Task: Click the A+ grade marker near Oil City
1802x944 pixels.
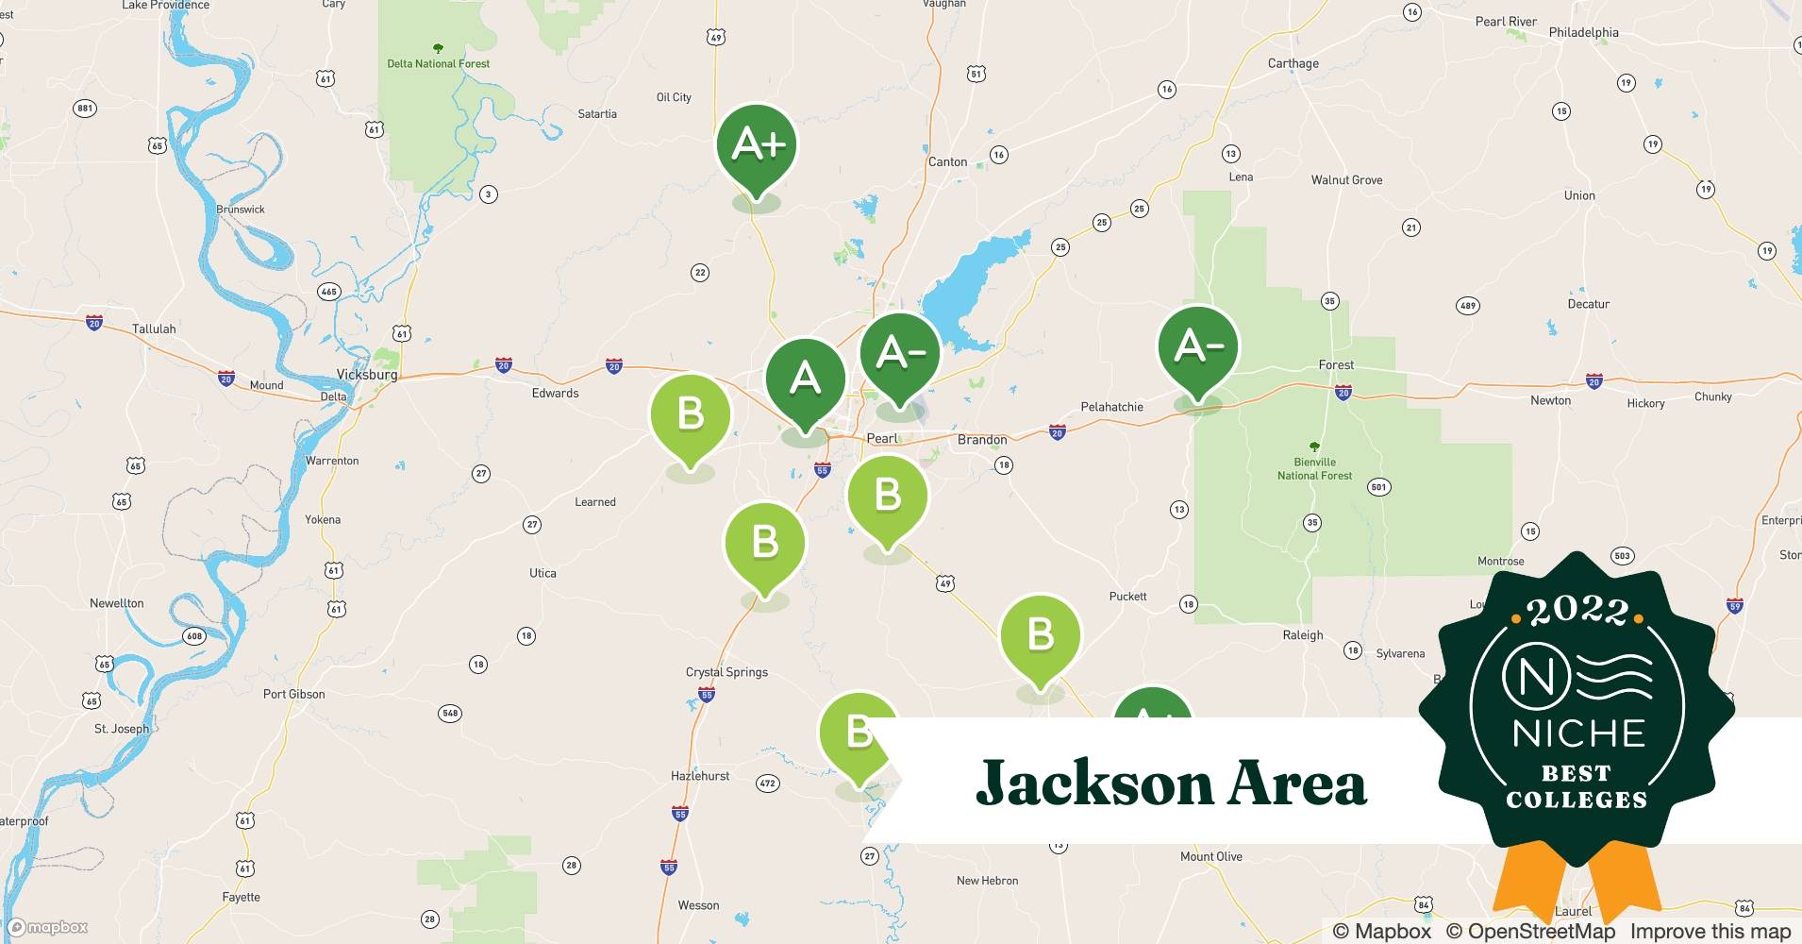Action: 757,145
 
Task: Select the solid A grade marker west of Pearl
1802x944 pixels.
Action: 805,379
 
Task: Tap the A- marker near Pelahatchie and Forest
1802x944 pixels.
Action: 1198,347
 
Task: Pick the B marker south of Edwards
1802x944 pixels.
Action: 691,414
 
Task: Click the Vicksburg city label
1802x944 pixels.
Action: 367,375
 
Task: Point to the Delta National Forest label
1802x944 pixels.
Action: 439,63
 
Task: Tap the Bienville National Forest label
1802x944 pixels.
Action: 1314,469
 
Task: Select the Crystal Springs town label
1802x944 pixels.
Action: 726,672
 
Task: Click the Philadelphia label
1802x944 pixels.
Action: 1583,32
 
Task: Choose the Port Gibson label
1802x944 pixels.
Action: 293,694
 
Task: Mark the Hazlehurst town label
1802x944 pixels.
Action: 700,776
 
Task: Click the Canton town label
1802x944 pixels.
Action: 947,161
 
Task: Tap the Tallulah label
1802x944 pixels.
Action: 154,329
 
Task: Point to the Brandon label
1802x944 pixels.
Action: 982,440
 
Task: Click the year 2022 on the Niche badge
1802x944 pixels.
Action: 1577,612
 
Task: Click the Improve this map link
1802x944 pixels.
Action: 1710,932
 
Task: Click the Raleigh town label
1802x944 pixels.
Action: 1302,635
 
